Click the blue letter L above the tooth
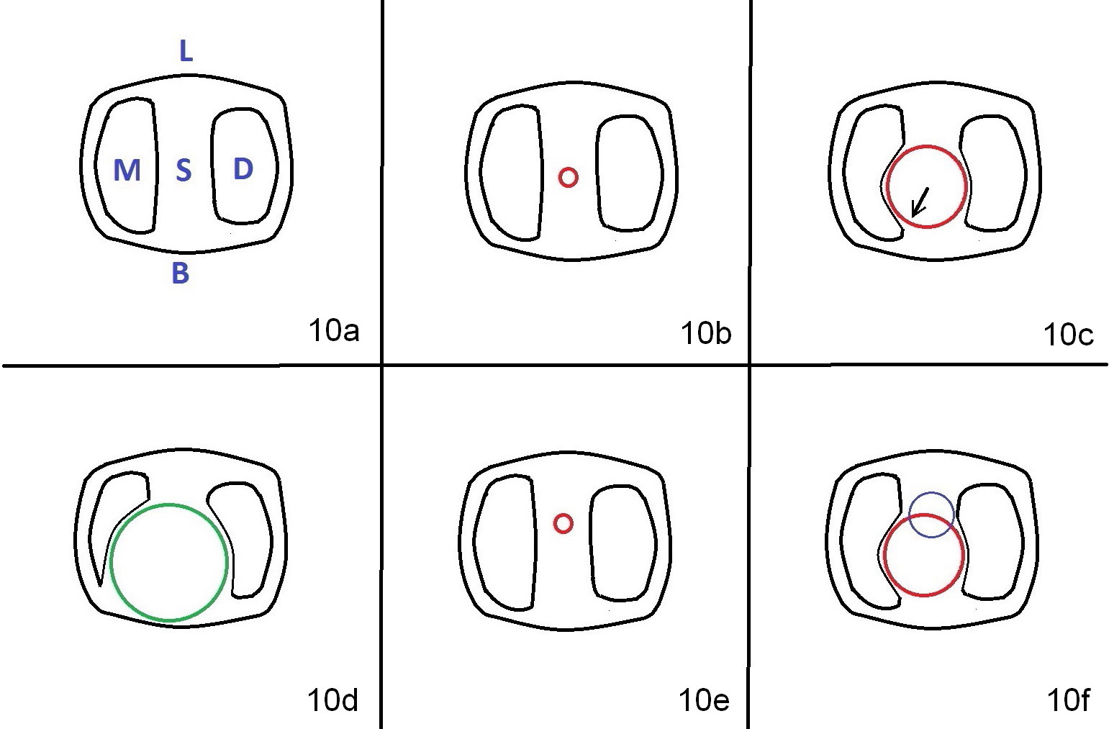click(186, 51)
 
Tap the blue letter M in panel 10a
click(127, 170)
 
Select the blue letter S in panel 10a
click(184, 170)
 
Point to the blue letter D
click(243, 169)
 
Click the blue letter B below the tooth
click(181, 273)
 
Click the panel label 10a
click(334, 330)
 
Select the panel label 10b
click(706, 332)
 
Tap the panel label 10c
click(1068, 335)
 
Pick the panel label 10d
click(332, 700)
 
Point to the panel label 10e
click(704, 700)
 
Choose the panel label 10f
click(1069, 700)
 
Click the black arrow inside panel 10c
click(920, 202)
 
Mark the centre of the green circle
click(169, 563)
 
